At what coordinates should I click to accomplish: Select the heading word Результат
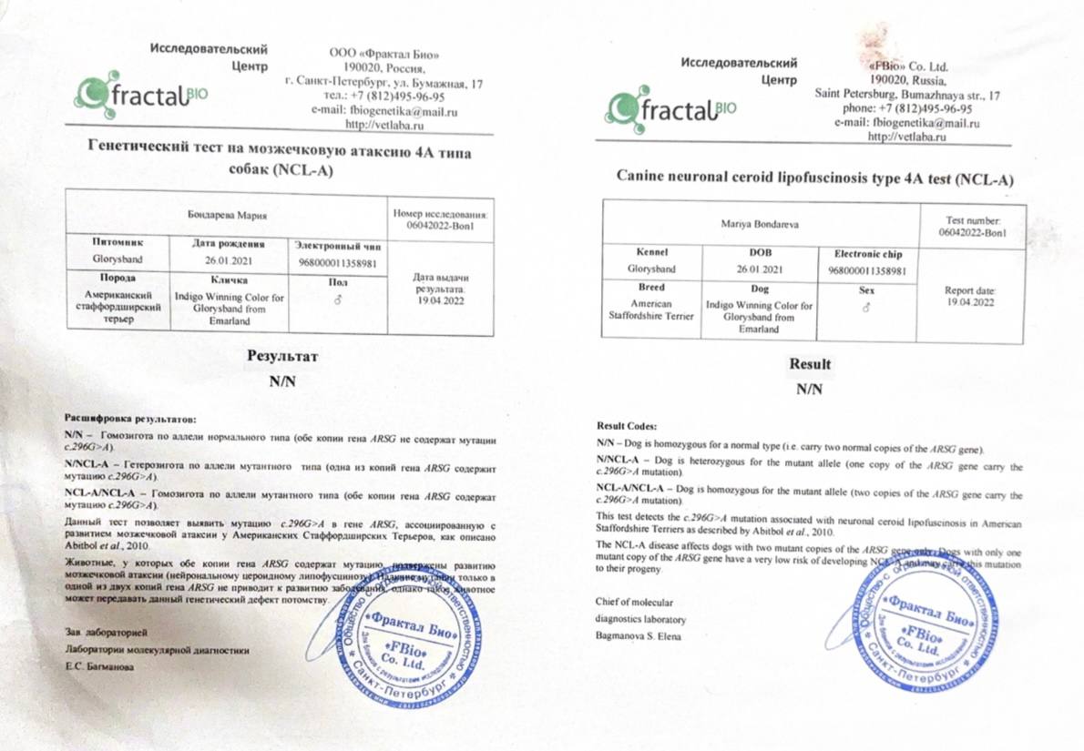coord(282,356)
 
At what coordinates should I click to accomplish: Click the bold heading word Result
coord(810,365)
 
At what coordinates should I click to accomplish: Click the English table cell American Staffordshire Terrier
coord(651,310)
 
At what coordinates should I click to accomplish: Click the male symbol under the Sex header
coord(864,308)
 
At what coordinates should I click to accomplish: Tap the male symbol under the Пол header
coord(337,300)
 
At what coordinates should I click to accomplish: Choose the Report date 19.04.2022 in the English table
coord(971,296)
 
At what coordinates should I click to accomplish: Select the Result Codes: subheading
coord(626,426)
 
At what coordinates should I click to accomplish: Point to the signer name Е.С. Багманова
coord(98,667)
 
